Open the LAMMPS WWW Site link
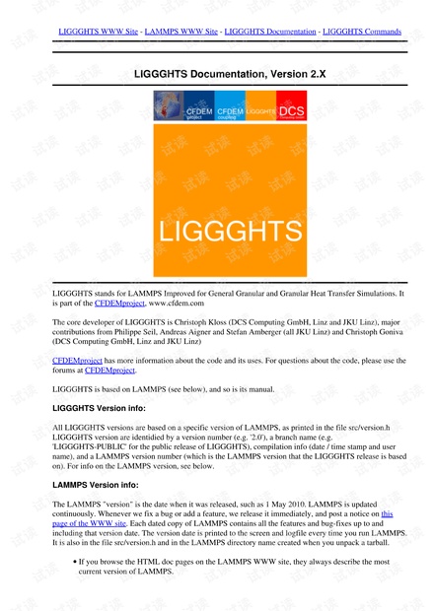[181, 32]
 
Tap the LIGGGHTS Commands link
[362, 32]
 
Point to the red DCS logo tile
[292, 111]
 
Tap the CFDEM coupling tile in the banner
[230, 111]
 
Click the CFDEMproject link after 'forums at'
[137, 371]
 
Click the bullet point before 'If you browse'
[76, 562]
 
